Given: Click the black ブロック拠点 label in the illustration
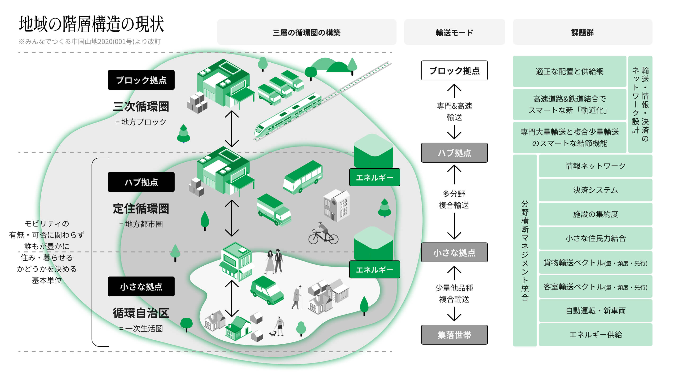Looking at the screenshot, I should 141,80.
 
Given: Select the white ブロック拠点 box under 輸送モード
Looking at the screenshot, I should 454,71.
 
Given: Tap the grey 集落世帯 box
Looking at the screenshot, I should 454,335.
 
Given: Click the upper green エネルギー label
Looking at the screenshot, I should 374,177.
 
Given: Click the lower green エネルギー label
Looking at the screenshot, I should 374,269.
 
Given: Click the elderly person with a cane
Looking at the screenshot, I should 297,298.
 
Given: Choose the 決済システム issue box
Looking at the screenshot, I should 595,190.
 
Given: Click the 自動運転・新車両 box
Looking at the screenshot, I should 595,310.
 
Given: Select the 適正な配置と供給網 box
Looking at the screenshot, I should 569,71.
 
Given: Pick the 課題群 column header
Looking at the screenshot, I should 582,32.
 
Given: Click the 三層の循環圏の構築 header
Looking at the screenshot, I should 306,32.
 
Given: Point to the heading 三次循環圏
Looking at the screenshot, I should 141,106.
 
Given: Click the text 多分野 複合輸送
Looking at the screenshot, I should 454,199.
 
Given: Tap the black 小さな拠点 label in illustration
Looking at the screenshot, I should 141,286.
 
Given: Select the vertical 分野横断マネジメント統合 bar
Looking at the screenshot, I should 525,250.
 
